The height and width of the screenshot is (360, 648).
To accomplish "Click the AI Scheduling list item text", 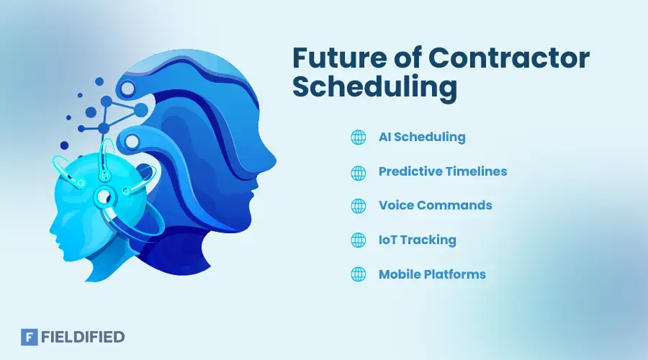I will tap(422, 137).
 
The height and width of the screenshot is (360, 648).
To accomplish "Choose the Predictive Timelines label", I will tap(443, 171).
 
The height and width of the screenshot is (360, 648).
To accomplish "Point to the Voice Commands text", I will tap(435, 205).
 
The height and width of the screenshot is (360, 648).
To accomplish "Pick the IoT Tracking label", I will tap(417, 240).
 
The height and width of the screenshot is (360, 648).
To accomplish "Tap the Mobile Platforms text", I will tap(432, 274).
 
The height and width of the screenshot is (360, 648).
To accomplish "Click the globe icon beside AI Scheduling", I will tap(358, 137).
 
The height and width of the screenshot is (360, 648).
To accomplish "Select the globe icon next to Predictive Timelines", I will tap(358, 171).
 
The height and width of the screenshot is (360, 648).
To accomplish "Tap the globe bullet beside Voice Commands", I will tap(358, 206).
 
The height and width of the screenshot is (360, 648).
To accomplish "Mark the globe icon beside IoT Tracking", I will tap(358, 240).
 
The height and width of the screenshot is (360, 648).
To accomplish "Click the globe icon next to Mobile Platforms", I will tap(358, 274).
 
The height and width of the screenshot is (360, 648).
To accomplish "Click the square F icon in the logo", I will tap(30, 336).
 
